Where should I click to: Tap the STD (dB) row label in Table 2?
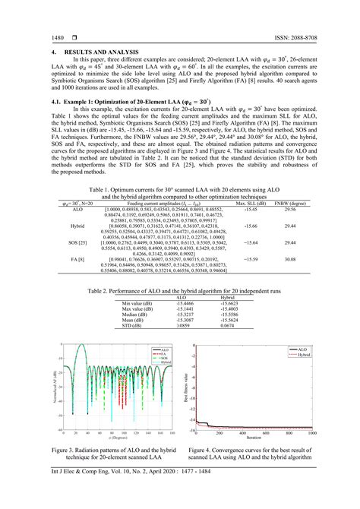pyautogui.click(x=132, y=325)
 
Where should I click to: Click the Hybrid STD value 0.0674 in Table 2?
pyautogui.click(x=227, y=325)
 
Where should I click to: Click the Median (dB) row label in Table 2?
pyautogui.click(x=135, y=314)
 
